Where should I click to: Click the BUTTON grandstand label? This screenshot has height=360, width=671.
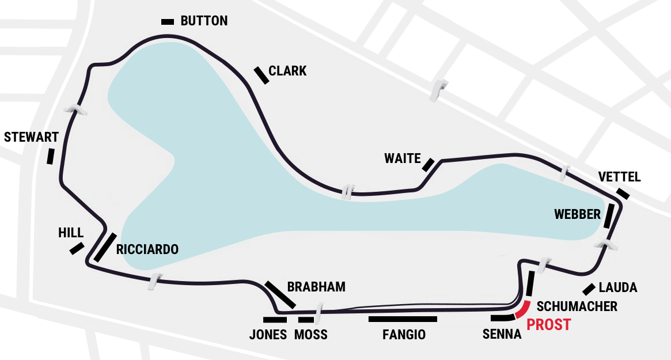(x=204, y=21)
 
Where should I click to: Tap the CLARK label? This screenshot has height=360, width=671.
(x=287, y=71)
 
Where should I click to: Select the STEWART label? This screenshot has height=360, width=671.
(x=31, y=137)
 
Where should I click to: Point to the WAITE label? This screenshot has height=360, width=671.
(x=403, y=158)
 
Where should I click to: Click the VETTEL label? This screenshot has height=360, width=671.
(x=619, y=177)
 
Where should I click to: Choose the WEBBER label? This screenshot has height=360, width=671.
(x=577, y=214)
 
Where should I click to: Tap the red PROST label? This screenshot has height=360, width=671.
(x=549, y=325)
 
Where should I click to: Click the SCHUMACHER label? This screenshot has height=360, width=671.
(x=577, y=306)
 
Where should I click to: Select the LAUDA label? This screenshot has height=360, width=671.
(x=618, y=287)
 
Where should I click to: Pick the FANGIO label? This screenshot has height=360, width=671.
(x=404, y=334)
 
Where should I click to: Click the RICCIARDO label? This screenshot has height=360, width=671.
(x=147, y=249)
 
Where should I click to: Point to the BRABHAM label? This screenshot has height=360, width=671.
(x=316, y=287)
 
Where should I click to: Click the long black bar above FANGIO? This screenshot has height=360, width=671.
(x=403, y=319)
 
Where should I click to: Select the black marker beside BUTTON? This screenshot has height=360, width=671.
(x=168, y=21)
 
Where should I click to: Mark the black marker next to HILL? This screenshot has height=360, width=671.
(x=77, y=248)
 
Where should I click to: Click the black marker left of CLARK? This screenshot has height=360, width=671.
(x=261, y=75)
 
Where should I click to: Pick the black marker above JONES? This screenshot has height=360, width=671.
(x=275, y=320)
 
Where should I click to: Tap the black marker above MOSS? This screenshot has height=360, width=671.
(x=306, y=320)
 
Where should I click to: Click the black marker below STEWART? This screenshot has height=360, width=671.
(x=51, y=156)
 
